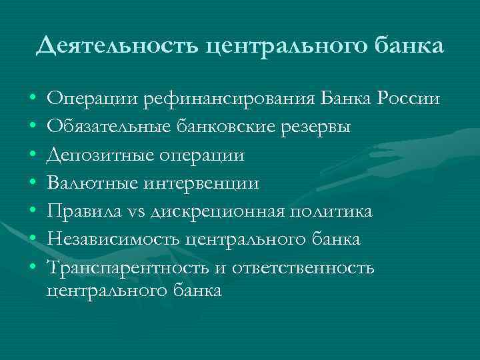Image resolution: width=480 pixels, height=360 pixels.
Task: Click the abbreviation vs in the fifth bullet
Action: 139,212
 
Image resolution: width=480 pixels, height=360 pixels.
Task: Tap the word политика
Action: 331,211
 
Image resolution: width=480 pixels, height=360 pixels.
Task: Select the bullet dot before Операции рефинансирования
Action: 33,100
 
